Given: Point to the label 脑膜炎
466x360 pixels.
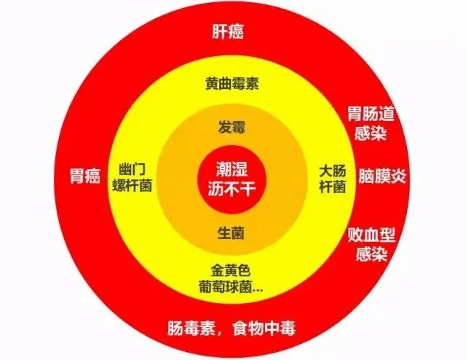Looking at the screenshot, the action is (383, 176).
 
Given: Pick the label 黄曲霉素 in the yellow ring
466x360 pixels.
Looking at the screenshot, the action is (232, 84).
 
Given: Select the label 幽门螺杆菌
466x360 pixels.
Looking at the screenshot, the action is (132, 177).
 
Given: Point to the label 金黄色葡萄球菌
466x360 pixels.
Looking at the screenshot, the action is (232, 278).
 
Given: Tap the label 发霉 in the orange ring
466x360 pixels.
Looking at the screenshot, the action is (232, 128).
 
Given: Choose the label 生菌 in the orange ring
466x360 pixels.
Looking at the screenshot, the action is (232, 233).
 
